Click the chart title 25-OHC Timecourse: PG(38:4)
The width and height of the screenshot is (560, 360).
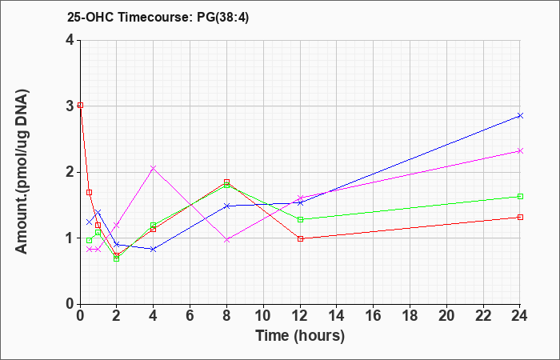click(158, 17)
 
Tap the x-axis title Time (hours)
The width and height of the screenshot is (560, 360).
click(300, 336)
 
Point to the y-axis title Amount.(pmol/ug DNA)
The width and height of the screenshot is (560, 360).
click(22, 172)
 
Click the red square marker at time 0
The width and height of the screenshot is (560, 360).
click(80, 105)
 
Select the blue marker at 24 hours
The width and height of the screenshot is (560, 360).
click(520, 115)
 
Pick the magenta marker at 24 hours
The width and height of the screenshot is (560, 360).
click(520, 150)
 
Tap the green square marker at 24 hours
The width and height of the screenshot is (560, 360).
click(520, 197)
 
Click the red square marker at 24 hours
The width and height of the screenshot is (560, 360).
click(520, 217)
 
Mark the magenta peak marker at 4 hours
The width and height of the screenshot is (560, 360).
click(154, 168)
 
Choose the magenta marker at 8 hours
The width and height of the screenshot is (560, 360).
click(226, 240)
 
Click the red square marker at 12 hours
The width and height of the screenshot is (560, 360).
click(300, 238)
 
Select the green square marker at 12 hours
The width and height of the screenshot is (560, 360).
click(300, 219)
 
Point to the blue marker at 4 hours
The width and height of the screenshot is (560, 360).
click(154, 249)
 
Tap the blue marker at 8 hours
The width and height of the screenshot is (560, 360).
click(226, 206)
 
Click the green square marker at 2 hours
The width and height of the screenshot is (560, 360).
click(117, 258)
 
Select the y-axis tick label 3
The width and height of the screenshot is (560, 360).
click(70, 106)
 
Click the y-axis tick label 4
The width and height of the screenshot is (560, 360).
click(70, 40)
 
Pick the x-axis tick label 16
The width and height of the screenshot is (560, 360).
click(374, 316)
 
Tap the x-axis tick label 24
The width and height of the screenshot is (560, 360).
click(519, 316)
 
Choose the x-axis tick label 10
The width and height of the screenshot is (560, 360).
click(263, 316)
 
